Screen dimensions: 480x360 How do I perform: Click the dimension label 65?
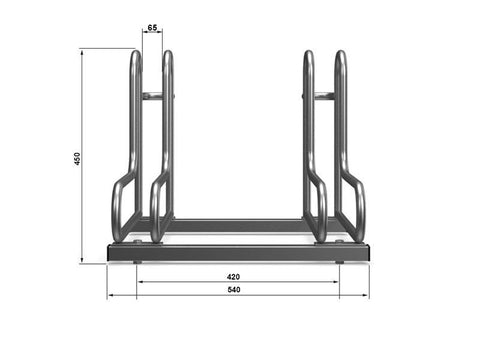[x=152, y=27]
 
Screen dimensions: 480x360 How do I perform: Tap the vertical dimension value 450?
[x=77, y=159]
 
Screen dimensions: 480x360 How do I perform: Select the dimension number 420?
[x=233, y=277]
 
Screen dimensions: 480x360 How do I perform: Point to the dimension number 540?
[x=234, y=289]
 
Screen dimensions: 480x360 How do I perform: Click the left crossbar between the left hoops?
[x=152, y=96]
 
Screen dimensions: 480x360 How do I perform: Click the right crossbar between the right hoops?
[x=325, y=96]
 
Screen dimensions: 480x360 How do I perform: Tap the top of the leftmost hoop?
[x=136, y=52]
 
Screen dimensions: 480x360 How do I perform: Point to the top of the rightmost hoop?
[x=341, y=52]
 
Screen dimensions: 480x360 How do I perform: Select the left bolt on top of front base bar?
[x=137, y=241]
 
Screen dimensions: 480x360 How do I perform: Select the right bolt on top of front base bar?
[x=339, y=241]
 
